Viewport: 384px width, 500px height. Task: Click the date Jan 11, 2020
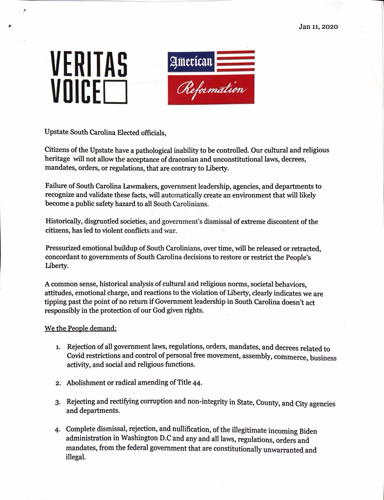click(318, 27)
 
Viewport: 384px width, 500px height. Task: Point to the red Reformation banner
click(211, 89)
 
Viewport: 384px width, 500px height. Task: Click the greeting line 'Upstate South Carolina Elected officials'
click(105, 132)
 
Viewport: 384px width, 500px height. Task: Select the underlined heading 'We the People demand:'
click(81, 329)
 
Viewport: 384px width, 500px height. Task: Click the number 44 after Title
click(197, 382)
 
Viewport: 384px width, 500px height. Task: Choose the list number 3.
click(57, 402)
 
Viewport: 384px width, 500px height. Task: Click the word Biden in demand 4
click(308, 431)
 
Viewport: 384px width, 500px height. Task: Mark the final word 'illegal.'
click(76, 457)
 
